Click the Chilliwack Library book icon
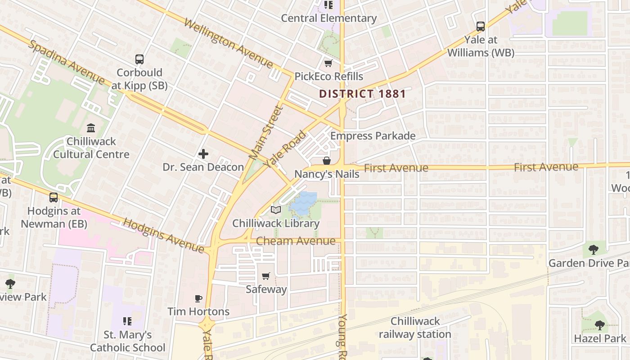[276, 210]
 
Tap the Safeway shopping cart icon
[266, 276]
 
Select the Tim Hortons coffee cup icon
[198, 298]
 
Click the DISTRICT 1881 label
[363, 94]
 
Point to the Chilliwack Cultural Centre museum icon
[91, 128]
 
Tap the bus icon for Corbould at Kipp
[139, 59]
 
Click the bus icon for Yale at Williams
[481, 27]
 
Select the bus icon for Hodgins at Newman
[54, 197]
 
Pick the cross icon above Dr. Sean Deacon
[203, 154]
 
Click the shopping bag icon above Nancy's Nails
[327, 161]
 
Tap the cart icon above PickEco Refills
[328, 63]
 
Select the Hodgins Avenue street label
[164, 235]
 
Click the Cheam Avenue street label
[296, 241]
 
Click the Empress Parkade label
[373, 136]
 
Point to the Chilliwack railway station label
[415, 328]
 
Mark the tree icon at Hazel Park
[599, 325]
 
